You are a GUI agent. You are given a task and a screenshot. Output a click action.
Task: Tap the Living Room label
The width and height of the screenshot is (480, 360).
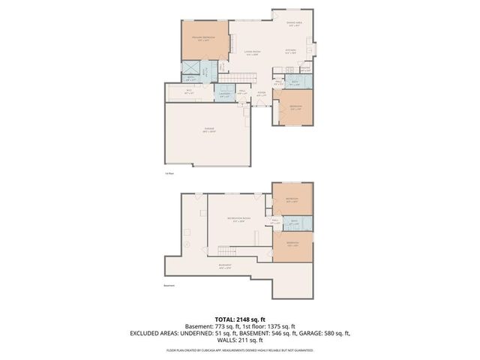[251, 52]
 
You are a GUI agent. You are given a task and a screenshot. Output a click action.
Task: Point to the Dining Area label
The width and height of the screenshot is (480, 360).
[295, 23]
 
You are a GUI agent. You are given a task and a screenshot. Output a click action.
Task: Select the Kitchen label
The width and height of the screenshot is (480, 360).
[290, 51]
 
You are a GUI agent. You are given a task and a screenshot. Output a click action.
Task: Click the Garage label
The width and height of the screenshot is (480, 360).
[209, 130]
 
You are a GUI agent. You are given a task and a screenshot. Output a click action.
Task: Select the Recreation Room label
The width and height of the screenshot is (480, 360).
[238, 218]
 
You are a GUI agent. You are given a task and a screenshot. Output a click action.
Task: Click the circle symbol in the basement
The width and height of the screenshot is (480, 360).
[187, 244]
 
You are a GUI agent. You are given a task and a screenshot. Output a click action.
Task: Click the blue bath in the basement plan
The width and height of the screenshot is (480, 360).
[294, 222]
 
